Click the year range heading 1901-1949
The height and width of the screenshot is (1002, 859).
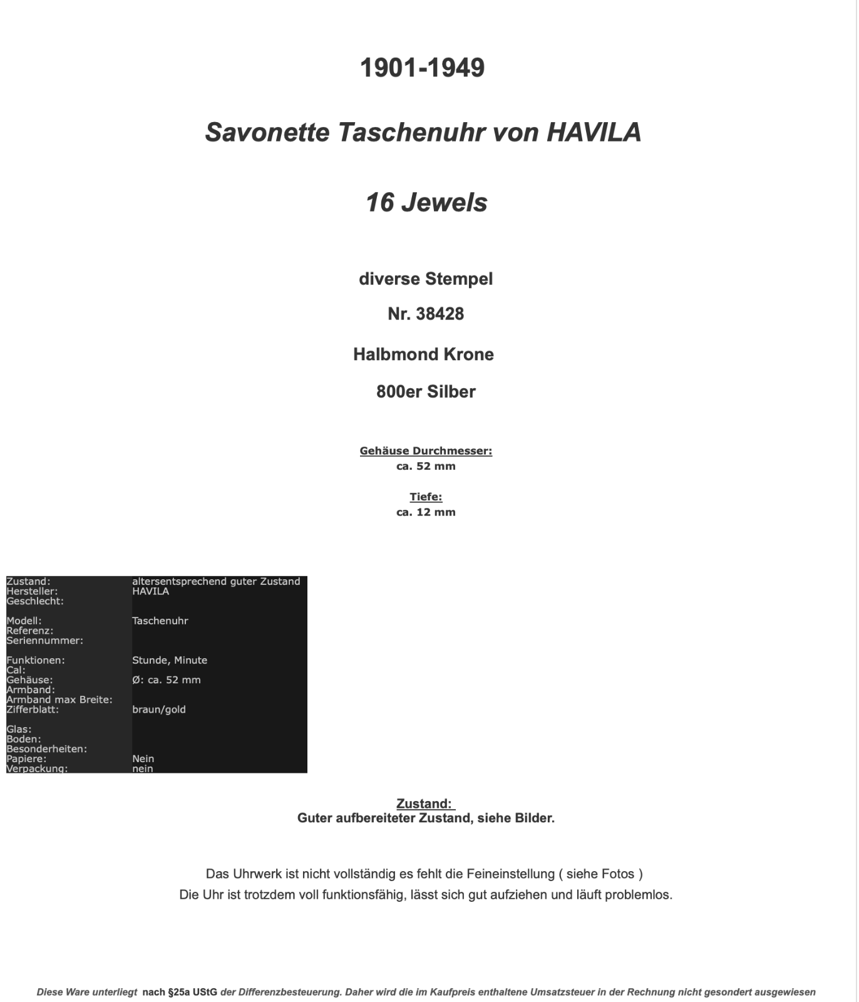423,68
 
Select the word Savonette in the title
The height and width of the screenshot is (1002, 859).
267,132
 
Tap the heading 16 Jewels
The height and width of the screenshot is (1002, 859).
426,202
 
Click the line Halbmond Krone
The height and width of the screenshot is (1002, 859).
423,354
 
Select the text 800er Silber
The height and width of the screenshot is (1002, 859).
426,392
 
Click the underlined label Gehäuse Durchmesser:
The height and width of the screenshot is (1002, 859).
426,451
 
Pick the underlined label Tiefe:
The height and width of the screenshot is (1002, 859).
426,497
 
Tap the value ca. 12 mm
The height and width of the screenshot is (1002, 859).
426,512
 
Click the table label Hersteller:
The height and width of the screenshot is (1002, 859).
32,591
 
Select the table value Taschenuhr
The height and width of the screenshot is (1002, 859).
160,621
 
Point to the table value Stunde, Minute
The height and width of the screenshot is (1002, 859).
170,660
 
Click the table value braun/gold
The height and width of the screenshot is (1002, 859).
159,710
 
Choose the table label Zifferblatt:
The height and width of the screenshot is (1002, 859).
33,710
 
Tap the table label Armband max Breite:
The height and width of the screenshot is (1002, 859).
59,700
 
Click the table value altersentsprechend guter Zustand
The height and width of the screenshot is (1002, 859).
216,581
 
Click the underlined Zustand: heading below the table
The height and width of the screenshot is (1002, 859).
424,803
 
